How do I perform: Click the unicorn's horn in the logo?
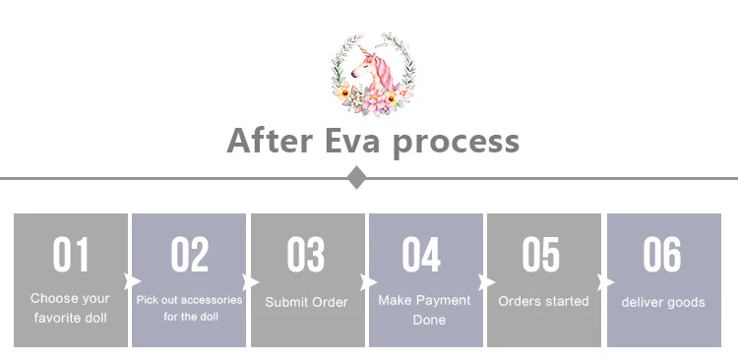click(362, 51)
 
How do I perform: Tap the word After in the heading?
click(270, 140)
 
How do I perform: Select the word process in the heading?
click(456, 143)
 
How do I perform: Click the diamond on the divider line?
click(357, 177)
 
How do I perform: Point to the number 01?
click(71, 254)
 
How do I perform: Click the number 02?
click(189, 254)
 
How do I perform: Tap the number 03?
click(306, 254)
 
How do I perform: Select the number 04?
click(421, 254)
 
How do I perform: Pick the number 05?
click(541, 254)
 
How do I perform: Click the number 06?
click(662, 254)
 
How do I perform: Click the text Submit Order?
click(306, 302)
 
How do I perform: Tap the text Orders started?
click(543, 301)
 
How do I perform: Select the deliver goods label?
click(663, 302)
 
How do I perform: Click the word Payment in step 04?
click(444, 300)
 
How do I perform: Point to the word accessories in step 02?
click(212, 300)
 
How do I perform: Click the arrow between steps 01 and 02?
click(132, 282)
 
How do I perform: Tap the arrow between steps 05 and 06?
click(605, 282)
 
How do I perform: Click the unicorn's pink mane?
click(384, 72)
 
